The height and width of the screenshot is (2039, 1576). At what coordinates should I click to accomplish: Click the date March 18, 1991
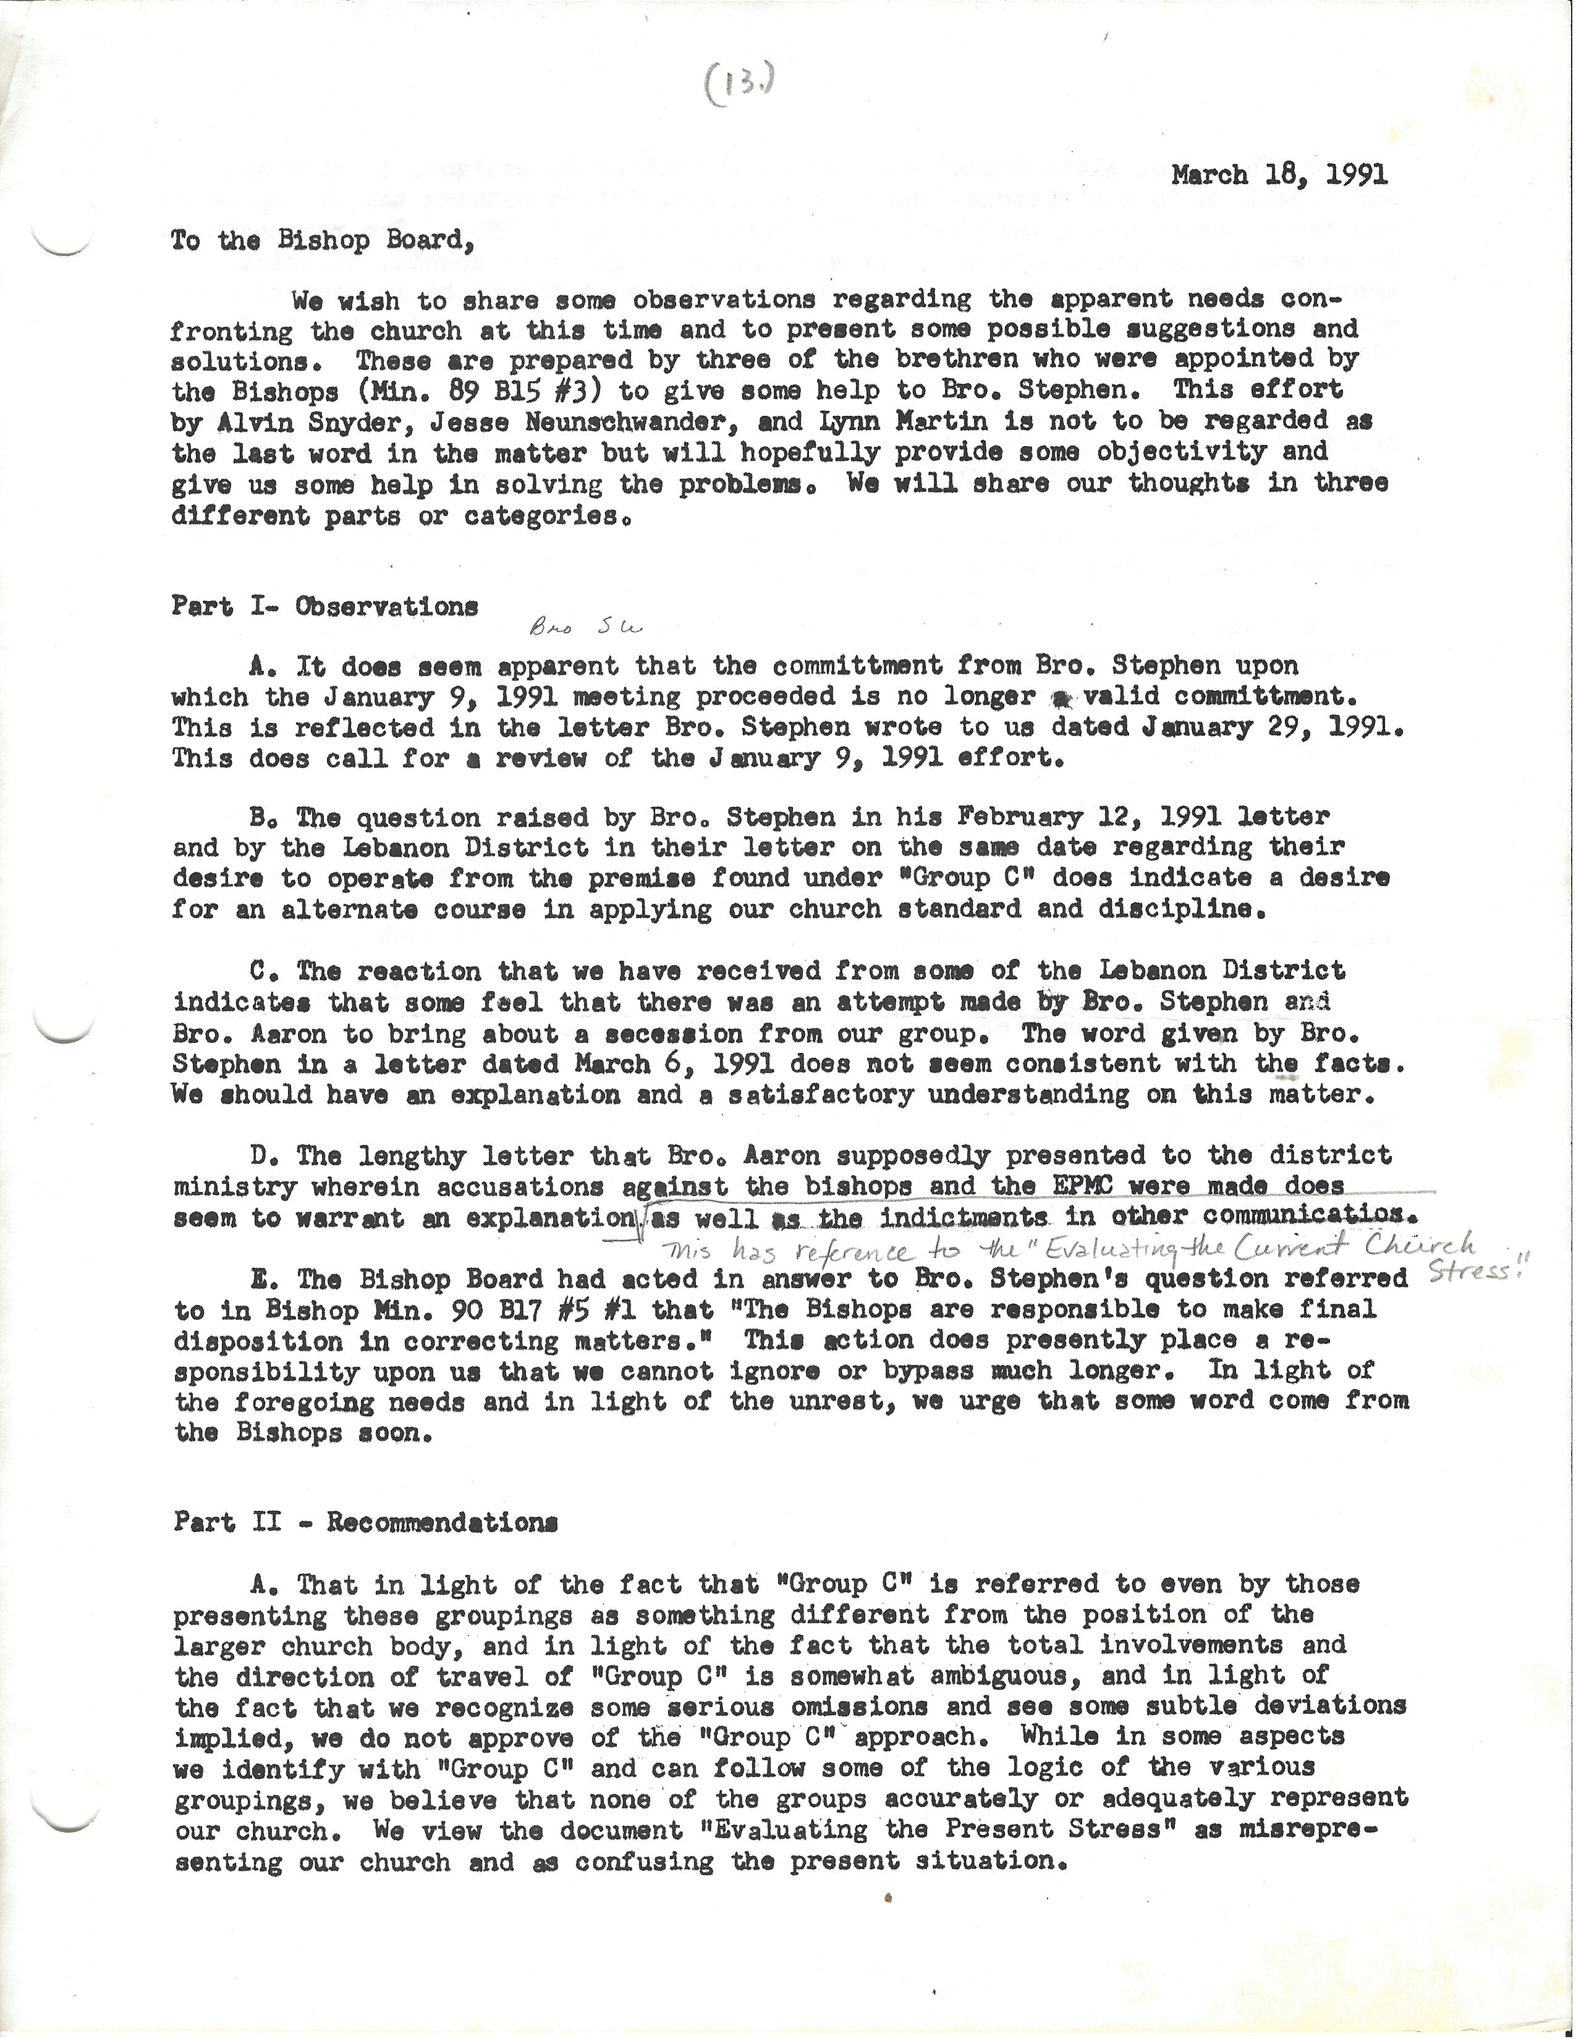(x=1279, y=175)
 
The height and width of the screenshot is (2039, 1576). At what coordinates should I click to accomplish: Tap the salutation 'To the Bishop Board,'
(x=318, y=241)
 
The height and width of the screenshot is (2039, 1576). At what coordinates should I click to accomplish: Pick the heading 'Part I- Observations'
(x=325, y=606)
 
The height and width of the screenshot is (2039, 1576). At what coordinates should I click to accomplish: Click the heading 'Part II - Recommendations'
(x=366, y=1522)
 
